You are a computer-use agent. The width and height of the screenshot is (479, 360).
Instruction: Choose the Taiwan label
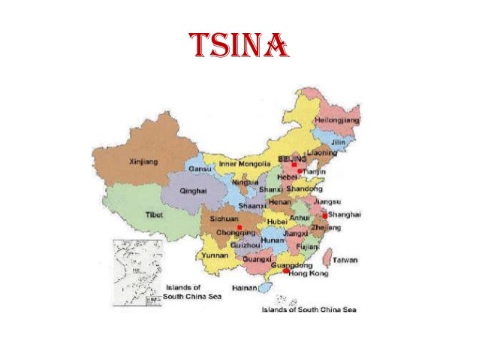click(345, 260)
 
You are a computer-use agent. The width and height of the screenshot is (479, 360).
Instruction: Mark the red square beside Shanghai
click(324, 215)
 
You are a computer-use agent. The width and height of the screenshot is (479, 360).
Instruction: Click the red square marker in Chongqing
click(239, 227)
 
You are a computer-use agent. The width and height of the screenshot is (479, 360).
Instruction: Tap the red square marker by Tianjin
click(300, 171)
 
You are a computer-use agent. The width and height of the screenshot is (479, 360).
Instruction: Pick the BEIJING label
click(292, 161)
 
